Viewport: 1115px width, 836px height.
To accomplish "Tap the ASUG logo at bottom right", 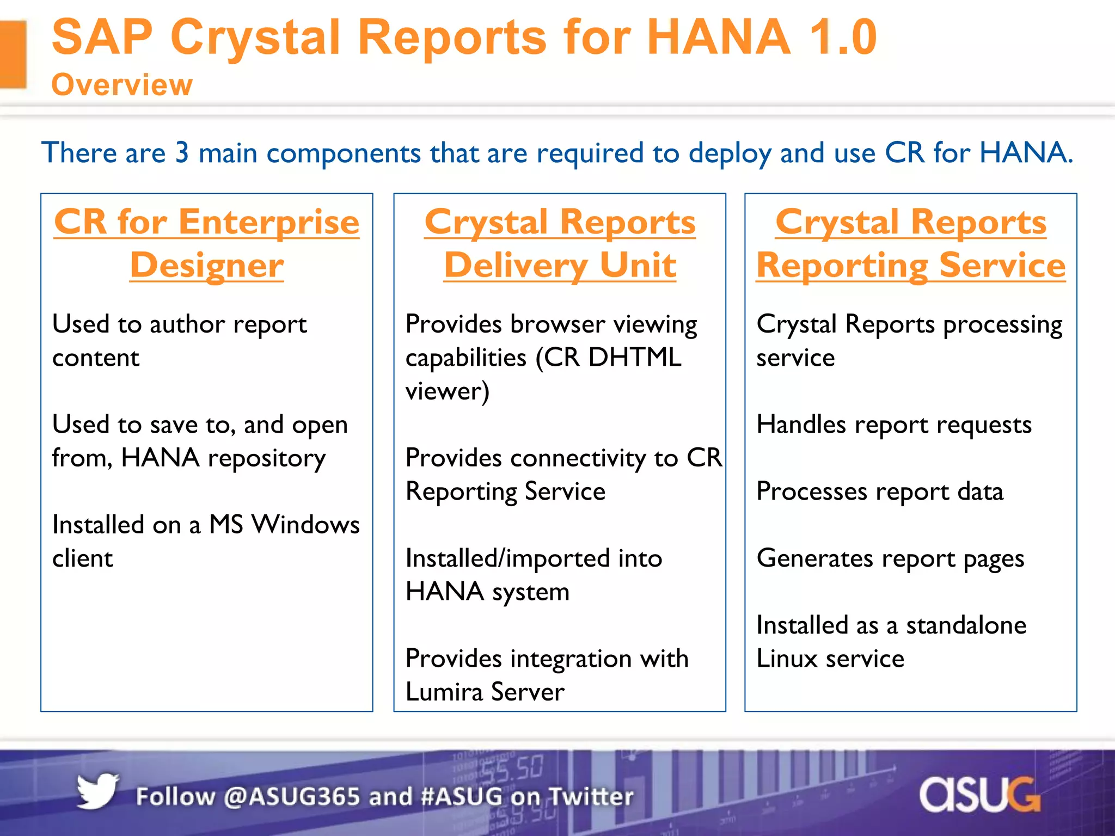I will [x=979, y=795].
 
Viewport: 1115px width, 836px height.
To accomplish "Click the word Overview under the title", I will [x=122, y=85].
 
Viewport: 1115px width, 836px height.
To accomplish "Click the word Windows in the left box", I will [x=305, y=525].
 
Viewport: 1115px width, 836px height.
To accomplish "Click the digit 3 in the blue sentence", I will [x=182, y=152].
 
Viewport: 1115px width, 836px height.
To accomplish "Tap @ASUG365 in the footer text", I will [x=292, y=796].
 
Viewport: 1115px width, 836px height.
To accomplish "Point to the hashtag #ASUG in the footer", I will [x=462, y=796].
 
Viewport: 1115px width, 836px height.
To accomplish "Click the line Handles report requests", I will [x=893, y=425].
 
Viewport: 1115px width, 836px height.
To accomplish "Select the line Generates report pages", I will [x=890, y=558].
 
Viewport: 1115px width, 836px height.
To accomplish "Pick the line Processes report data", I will [x=879, y=491].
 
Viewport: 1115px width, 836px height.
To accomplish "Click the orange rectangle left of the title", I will [x=13, y=54].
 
